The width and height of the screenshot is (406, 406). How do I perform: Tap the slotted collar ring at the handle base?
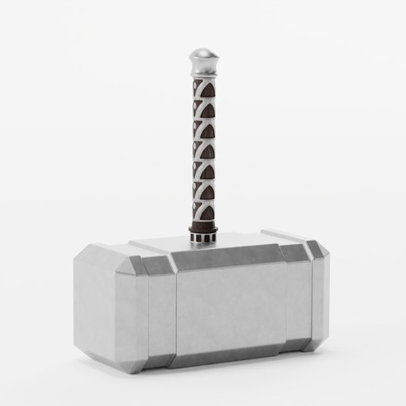[x=204, y=233]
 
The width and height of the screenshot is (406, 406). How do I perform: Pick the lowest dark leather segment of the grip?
[x=208, y=212]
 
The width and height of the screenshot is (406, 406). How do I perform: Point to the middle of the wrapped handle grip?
[x=204, y=151]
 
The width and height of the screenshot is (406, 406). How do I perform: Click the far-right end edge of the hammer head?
[x=327, y=297]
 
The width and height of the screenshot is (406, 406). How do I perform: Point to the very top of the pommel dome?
[x=203, y=49]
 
